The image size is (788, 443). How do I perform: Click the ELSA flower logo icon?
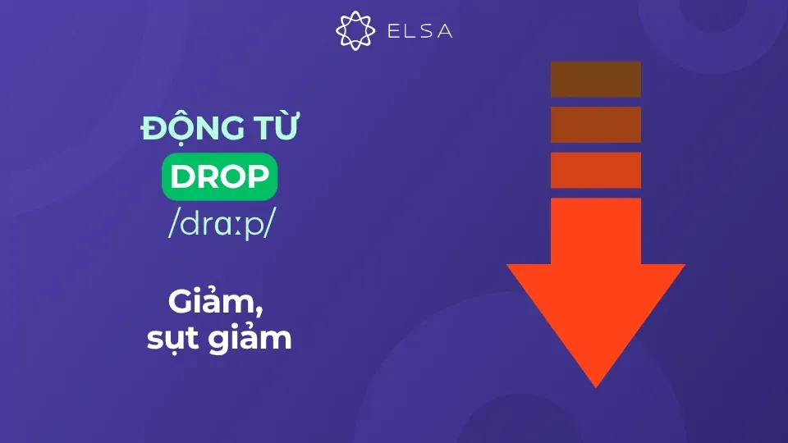(x=355, y=30)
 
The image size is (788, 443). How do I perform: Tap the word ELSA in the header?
(x=419, y=31)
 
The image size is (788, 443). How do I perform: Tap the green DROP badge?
(x=219, y=179)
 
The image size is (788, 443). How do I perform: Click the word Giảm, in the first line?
(x=217, y=304)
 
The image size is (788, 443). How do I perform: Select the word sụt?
(x=172, y=338)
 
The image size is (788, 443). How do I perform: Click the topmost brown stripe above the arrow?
(x=595, y=80)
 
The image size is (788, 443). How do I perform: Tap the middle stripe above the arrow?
(x=595, y=125)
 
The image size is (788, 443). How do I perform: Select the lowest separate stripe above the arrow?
(x=595, y=170)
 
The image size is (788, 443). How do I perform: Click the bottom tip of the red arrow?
(x=596, y=384)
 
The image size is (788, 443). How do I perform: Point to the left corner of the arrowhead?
(x=511, y=267)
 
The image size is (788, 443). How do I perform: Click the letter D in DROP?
(x=181, y=179)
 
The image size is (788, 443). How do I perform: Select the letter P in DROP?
(x=257, y=179)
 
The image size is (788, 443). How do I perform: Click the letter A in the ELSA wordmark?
(x=444, y=31)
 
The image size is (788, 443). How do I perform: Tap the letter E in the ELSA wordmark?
(x=392, y=31)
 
